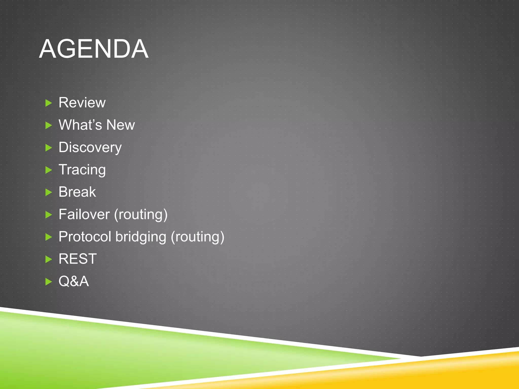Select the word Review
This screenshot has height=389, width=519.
pyautogui.click(x=82, y=103)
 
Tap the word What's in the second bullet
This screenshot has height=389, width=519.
pyautogui.click(x=80, y=125)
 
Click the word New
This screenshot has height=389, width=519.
pyautogui.click(x=121, y=125)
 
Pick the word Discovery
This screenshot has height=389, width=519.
pyautogui.click(x=90, y=147)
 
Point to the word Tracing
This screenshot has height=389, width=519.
pyautogui.click(x=82, y=170)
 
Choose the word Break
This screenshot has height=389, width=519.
pyautogui.click(x=77, y=192)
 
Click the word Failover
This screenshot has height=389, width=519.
pyautogui.click(x=84, y=214)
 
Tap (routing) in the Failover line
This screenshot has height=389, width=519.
pyautogui.click(x=141, y=215)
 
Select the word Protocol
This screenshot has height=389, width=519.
pyautogui.click(x=85, y=237)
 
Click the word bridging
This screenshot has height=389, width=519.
pyautogui.click(x=141, y=237)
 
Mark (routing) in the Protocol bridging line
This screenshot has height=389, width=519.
pyautogui.click(x=197, y=237)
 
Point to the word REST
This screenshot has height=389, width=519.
pyautogui.click(x=78, y=259)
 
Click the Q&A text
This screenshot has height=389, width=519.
pyautogui.click(x=74, y=281)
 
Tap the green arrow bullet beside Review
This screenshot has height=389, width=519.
pyautogui.click(x=48, y=103)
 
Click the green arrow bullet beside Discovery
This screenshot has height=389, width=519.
pyautogui.click(x=48, y=148)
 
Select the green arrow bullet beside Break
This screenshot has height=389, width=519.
pyautogui.click(x=48, y=192)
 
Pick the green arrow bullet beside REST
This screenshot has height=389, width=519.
pyautogui.click(x=48, y=259)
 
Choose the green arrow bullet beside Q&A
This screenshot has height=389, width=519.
pyautogui.click(x=48, y=282)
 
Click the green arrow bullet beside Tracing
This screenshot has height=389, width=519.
pyautogui.click(x=48, y=170)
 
